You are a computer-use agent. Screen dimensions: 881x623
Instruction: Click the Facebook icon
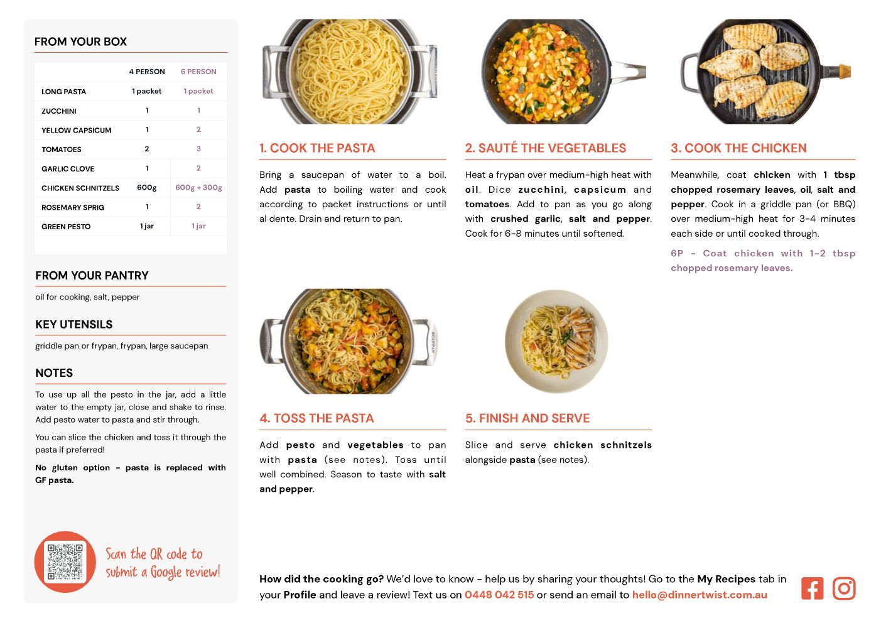pos(812,588)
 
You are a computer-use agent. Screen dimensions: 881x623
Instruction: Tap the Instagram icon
pos(844,588)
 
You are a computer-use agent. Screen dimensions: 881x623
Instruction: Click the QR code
pos(65,561)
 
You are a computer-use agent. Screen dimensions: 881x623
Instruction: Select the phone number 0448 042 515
pos(499,595)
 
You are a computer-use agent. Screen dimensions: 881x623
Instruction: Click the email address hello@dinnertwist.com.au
pos(700,595)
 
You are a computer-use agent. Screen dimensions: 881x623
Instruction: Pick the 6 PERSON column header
pos(198,72)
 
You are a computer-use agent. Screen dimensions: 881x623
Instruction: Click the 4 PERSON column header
pos(147,72)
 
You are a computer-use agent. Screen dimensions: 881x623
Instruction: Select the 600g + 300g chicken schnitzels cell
pos(198,188)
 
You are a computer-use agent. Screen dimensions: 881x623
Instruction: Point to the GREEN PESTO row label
pos(66,227)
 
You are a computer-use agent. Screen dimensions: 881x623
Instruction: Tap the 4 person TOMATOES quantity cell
pos(147,149)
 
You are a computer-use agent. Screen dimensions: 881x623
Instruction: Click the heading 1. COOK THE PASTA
pos(317,148)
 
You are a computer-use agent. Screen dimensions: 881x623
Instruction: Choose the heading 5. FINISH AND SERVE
pos(527,418)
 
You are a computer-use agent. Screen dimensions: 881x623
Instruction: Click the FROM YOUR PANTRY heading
pos(92,275)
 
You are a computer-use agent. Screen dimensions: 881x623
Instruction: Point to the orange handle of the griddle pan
pos(845,71)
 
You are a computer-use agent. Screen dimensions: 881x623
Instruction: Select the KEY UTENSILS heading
pos(74,325)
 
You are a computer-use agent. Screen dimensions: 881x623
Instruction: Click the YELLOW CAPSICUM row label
pos(77,130)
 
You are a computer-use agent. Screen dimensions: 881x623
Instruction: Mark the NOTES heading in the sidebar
pos(54,373)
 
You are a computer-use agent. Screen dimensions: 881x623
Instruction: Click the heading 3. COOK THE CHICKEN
pos(738,148)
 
